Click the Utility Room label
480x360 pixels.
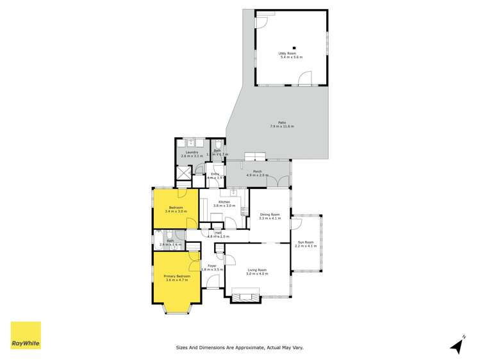(290, 54)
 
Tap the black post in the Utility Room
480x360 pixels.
(294, 46)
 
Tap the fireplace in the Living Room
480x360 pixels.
(246, 295)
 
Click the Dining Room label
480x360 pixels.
(270, 215)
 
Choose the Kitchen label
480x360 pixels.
(224, 202)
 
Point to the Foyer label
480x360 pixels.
(211, 265)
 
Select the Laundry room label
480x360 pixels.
(192, 152)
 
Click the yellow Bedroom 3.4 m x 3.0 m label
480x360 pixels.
(176, 208)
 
